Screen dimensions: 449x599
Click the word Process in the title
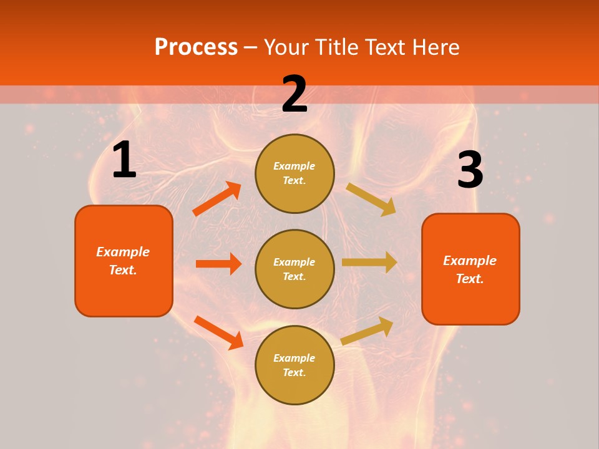(x=196, y=47)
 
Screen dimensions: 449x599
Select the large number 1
(x=124, y=161)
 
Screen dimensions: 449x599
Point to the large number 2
(x=295, y=95)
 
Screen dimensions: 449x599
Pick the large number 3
(x=470, y=171)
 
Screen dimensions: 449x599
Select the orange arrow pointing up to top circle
(x=217, y=199)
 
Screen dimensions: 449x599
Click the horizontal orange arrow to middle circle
(x=218, y=264)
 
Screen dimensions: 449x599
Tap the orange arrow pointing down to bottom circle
(x=218, y=332)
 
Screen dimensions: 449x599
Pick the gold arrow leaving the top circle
(x=371, y=199)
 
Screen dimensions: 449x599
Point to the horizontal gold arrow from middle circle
(x=369, y=263)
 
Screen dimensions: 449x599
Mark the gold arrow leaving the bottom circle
(x=368, y=331)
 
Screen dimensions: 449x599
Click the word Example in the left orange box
(x=123, y=252)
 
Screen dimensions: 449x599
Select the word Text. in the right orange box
(x=470, y=279)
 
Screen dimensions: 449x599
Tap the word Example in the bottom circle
(x=295, y=358)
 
